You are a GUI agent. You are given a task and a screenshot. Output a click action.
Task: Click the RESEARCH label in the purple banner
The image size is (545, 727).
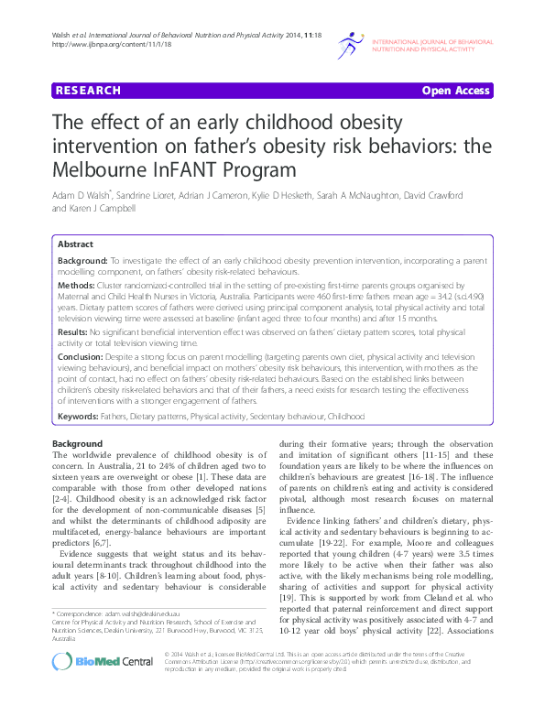(x=88, y=91)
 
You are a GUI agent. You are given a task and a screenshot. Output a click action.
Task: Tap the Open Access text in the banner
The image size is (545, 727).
(x=455, y=91)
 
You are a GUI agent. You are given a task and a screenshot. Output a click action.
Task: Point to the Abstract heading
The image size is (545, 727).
(x=75, y=245)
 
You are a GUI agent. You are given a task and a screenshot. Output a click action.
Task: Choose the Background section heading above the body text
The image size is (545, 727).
(x=78, y=443)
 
